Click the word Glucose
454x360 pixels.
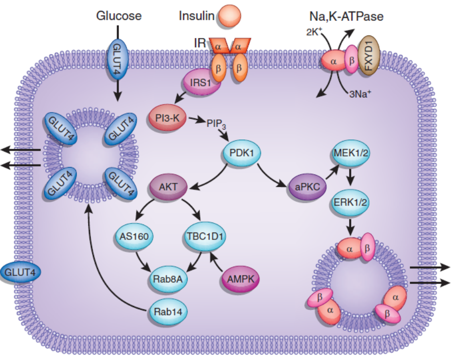pos(118,16)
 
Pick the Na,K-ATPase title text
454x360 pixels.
pos(346,16)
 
